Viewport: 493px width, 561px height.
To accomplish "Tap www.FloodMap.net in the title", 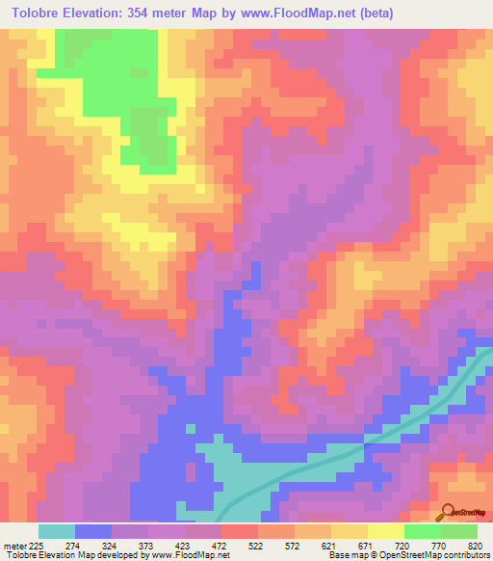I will (x=289, y=12).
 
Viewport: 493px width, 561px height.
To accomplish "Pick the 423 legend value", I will (x=212, y=546).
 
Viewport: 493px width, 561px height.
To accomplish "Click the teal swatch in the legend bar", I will (x=57, y=531).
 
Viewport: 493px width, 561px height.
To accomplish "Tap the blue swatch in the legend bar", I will (x=93, y=531).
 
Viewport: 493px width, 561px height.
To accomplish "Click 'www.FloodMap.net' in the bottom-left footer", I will (x=183, y=556).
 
